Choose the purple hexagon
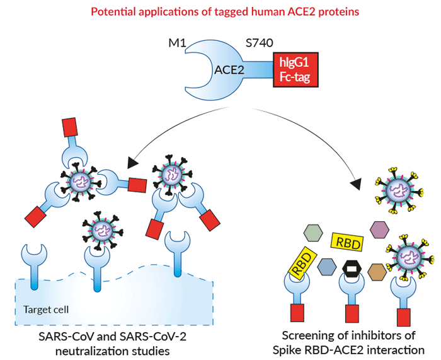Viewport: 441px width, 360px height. [x=379, y=229]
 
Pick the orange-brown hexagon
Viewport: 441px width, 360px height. [x=377, y=271]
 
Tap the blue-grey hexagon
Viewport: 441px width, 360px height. [x=326, y=267]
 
